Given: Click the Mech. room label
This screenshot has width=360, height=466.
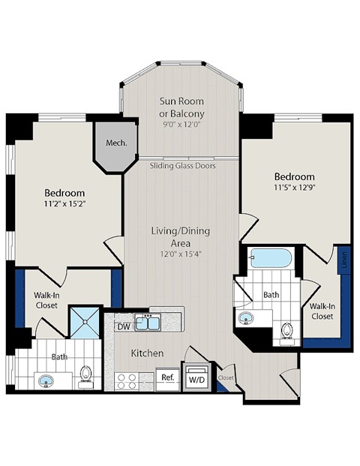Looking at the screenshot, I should click(x=115, y=143).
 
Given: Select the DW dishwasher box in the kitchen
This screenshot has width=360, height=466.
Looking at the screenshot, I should click(x=123, y=326).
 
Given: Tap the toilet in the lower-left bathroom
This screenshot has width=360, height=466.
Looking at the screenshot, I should click(x=87, y=374).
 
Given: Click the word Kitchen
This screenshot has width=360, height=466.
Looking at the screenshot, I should click(x=148, y=353).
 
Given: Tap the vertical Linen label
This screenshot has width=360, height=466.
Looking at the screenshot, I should click(x=344, y=260).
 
